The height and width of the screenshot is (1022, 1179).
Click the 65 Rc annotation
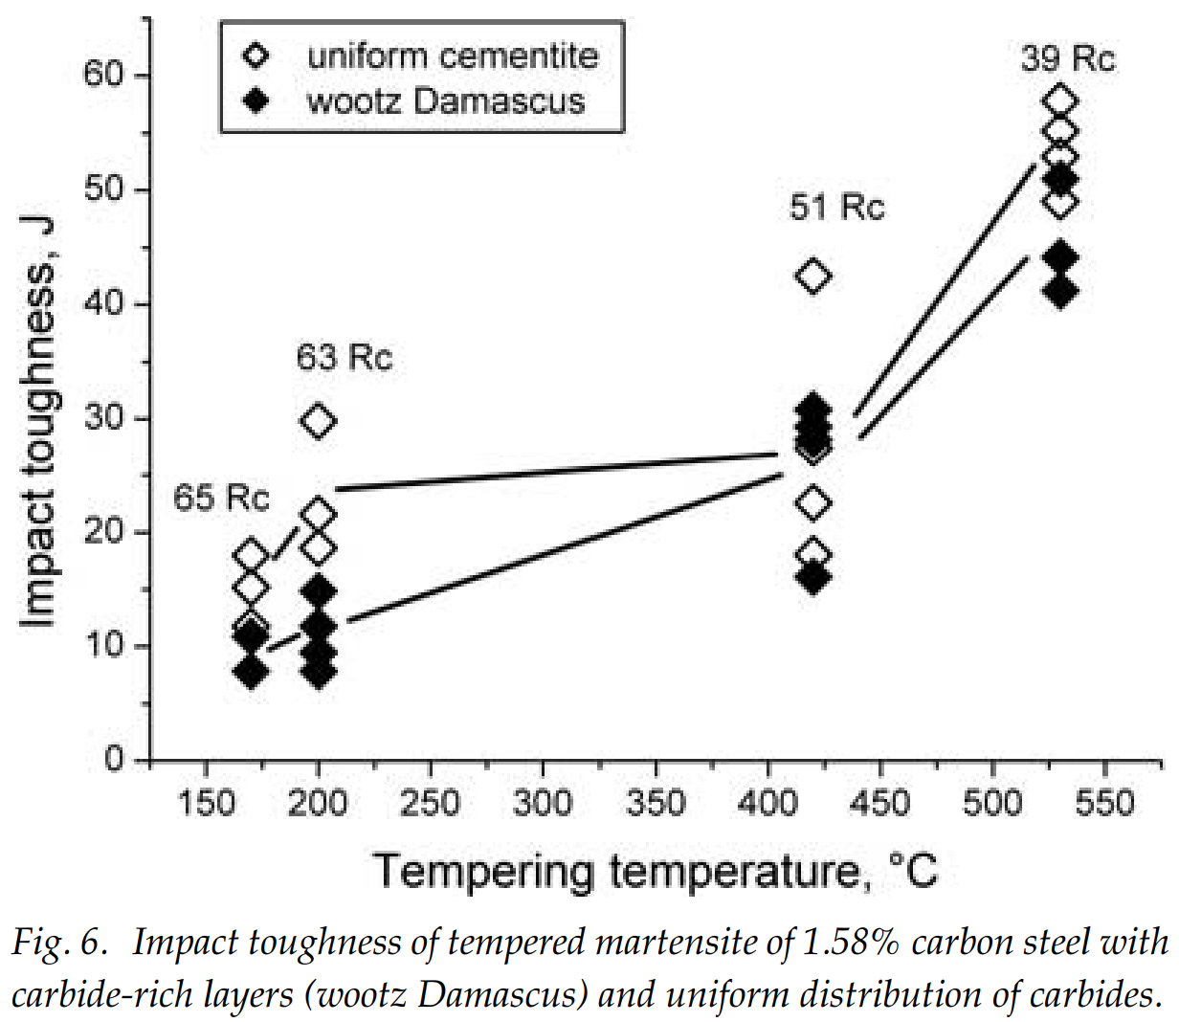(x=221, y=499)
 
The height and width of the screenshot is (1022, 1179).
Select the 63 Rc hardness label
(x=344, y=359)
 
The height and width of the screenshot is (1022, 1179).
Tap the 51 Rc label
(x=836, y=208)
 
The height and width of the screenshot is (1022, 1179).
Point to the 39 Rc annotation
(x=1067, y=58)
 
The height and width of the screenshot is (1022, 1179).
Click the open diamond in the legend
(x=256, y=56)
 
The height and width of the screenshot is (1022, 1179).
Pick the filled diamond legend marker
(x=256, y=100)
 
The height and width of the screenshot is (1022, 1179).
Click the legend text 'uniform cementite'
(x=452, y=56)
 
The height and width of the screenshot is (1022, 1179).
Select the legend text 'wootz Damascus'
(x=446, y=100)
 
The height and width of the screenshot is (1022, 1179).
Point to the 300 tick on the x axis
(x=542, y=802)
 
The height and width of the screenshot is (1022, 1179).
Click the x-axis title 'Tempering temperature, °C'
(x=656, y=871)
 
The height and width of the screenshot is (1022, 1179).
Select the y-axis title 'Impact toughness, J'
(x=39, y=421)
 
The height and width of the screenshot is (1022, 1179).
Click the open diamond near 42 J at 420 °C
(x=812, y=278)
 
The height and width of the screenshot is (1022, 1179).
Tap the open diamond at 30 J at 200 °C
(x=318, y=421)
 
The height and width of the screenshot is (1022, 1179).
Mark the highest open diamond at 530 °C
(x=1060, y=100)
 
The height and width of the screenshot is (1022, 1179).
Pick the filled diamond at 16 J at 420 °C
(x=812, y=578)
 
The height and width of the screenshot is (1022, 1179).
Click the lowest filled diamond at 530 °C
(x=1060, y=292)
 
